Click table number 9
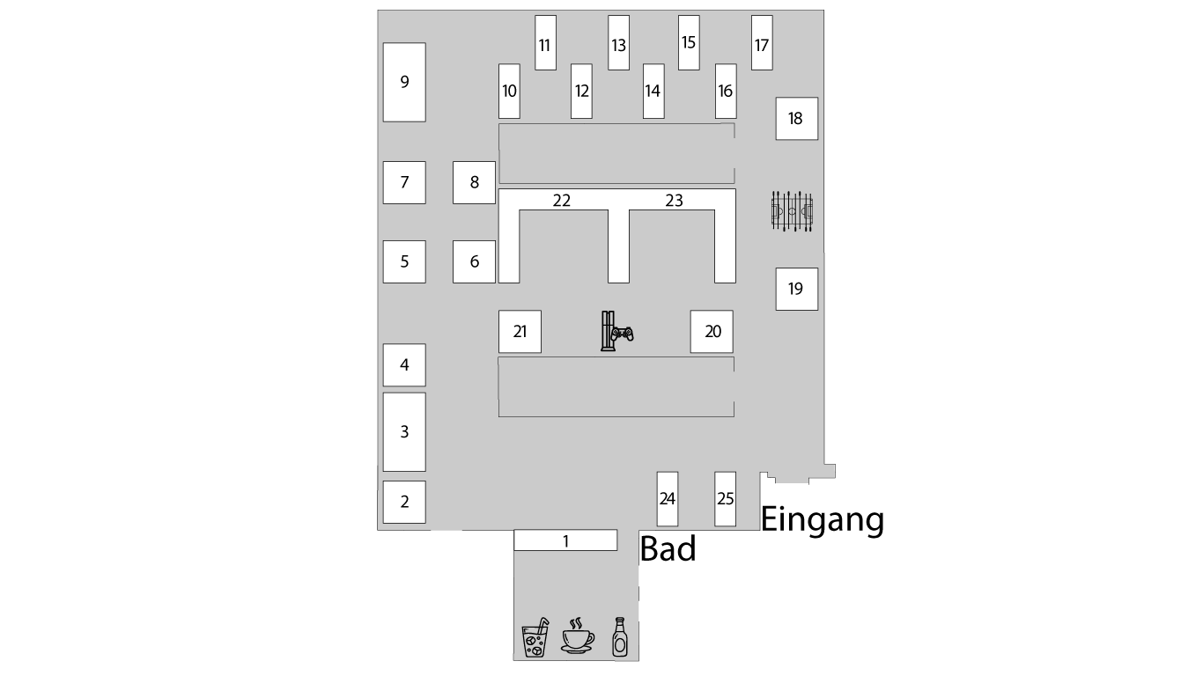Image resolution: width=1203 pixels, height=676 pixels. [x=404, y=82]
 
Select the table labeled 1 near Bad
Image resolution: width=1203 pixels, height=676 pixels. [x=565, y=540]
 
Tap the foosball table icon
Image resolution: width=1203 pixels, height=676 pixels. [x=792, y=211]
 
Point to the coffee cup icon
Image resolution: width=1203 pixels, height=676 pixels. [x=578, y=636]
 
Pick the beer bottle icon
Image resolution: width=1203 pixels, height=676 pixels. [x=620, y=636]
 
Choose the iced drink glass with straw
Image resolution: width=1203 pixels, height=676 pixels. [x=535, y=637]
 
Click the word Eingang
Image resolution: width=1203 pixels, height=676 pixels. [x=823, y=519]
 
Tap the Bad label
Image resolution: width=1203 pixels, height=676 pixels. [x=668, y=548]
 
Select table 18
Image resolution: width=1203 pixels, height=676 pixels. [x=796, y=119]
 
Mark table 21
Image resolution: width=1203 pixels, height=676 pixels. [x=520, y=331]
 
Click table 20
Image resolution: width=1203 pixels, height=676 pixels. [x=712, y=331]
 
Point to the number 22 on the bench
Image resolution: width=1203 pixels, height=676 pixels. [x=562, y=201]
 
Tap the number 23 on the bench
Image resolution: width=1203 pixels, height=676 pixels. [x=674, y=201]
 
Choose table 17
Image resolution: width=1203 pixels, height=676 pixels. [x=762, y=42]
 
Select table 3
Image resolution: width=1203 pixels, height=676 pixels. [x=404, y=431]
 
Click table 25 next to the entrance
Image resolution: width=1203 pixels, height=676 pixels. [x=725, y=499]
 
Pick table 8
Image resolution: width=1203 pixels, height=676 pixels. [x=474, y=182]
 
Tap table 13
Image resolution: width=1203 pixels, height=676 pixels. [x=618, y=42]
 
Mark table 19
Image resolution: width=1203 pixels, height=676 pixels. [x=796, y=289]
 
